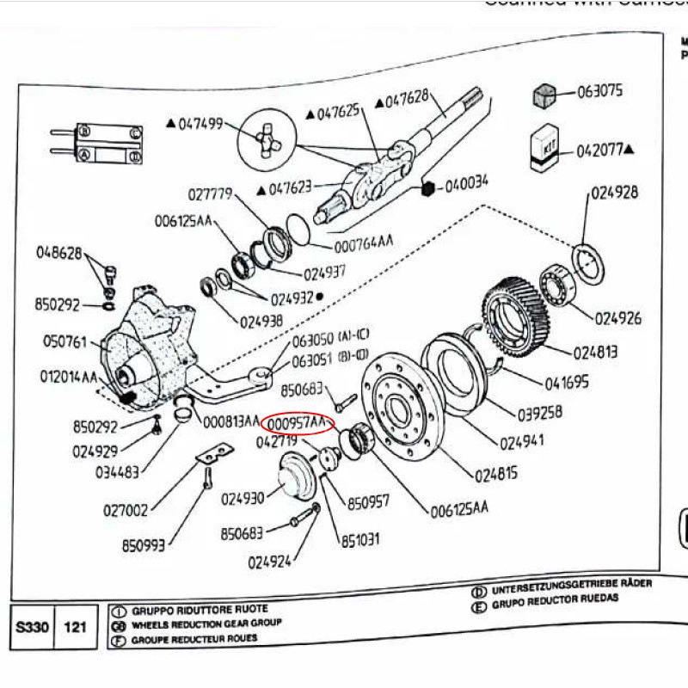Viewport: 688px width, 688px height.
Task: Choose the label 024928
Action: pos(614,193)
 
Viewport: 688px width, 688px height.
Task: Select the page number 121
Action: pos(75,628)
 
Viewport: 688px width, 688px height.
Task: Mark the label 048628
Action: pos(58,254)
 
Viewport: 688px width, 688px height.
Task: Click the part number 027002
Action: pos(127,510)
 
